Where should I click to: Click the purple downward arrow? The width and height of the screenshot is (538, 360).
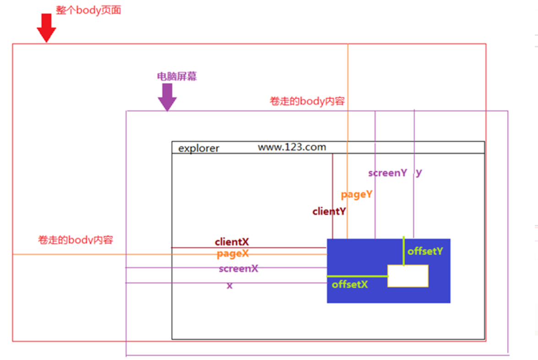click(x=167, y=97)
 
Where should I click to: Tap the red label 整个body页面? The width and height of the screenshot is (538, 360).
click(x=88, y=10)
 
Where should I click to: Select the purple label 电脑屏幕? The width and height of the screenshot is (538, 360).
click(x=177, y=76)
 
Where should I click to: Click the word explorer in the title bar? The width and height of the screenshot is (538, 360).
click(x=199, y=148)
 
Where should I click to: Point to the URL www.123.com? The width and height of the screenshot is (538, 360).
click(x=292, y=147)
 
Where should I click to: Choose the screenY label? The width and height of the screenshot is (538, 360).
click(x=387, y=173)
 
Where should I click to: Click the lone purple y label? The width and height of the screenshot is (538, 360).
click(x=418, y=172)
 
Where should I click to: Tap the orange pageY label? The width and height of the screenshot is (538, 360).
click(x=356, y=194)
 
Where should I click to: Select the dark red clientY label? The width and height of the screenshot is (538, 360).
click(x=329, y=212)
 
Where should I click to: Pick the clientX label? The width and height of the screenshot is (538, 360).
click(x=232, y=242)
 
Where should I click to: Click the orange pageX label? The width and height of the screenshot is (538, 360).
click(x=233, y=254)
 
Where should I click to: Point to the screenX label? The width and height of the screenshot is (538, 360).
click(x=238, y=269)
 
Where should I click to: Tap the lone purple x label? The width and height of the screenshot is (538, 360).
click(x=229, y=285)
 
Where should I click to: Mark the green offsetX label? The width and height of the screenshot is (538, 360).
click(x=350, y=284)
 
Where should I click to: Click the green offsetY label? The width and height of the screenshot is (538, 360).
click(x=425, y=251)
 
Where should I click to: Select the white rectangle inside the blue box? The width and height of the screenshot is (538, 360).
click(x=408, y=276)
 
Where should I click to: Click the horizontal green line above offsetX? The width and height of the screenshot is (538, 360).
click(x=357, y=277)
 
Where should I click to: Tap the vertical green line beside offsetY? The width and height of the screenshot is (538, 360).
click(x=403, y=251)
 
